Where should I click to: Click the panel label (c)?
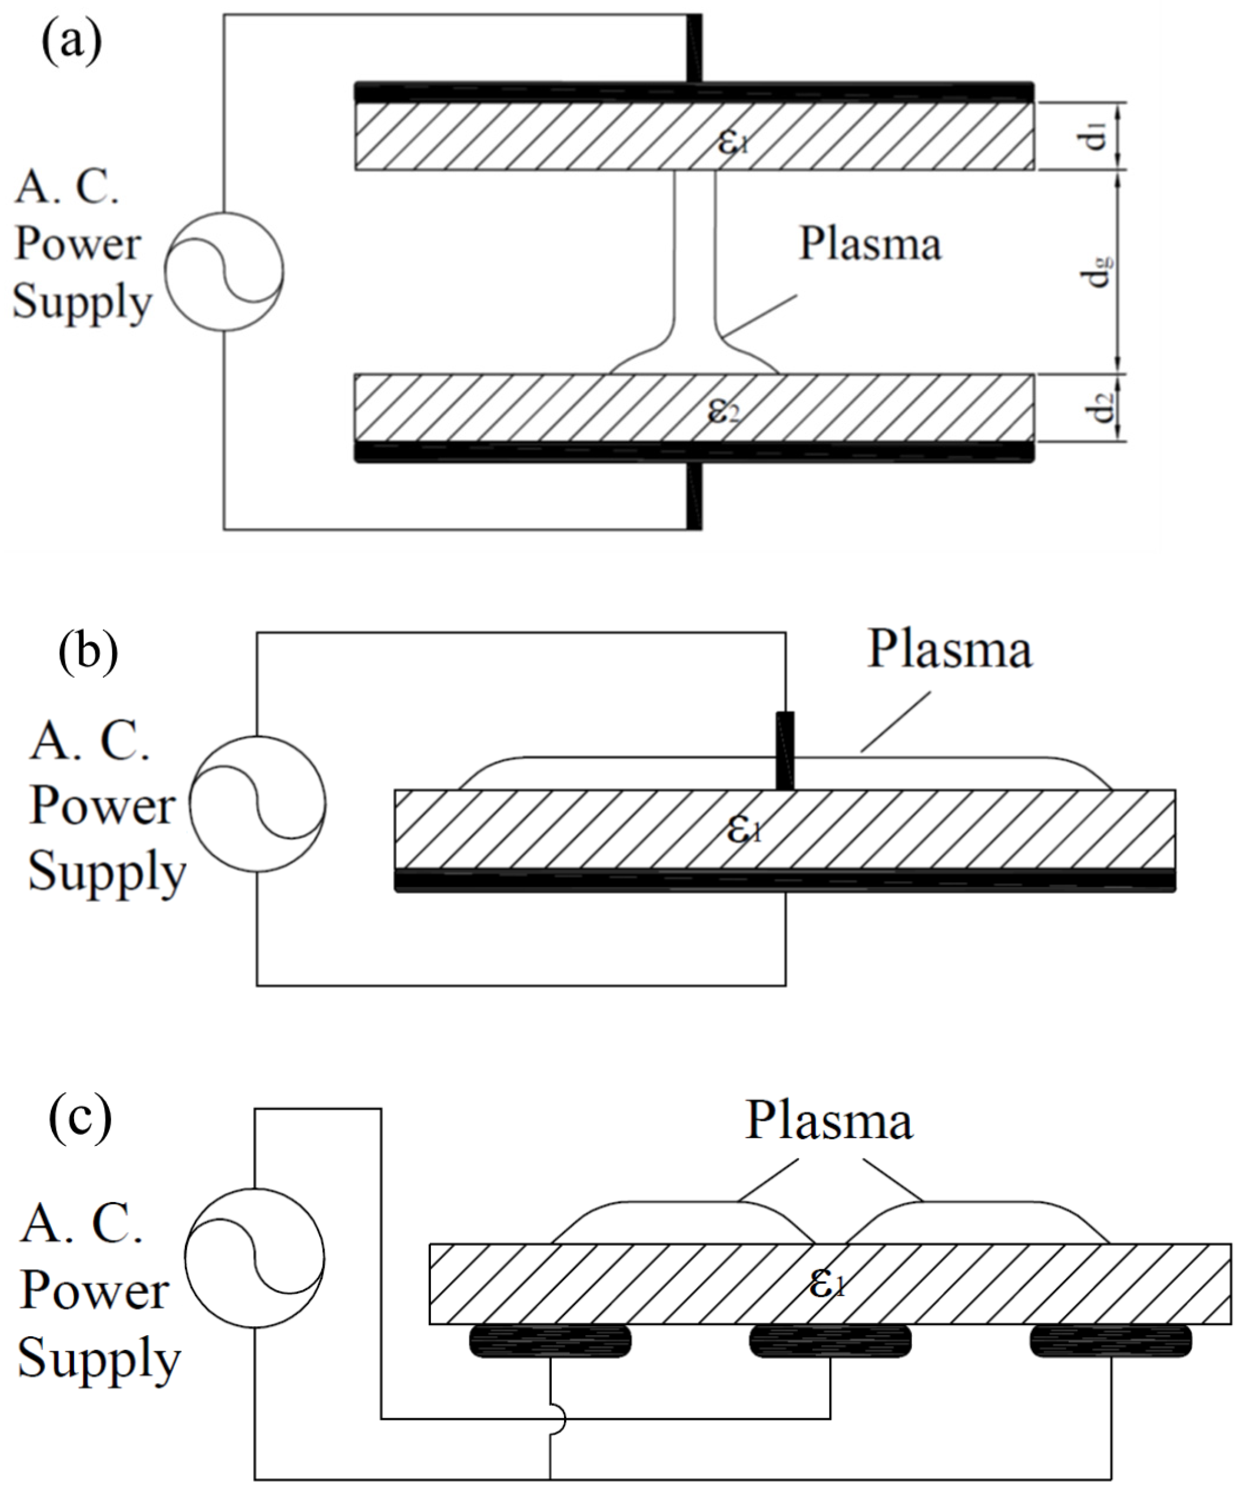pyautogui.click(x=79, y=1118)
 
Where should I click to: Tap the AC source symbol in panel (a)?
pyautogui.click(x=224, y=271)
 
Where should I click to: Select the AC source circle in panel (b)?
pyautogui.click(x=257, y=804)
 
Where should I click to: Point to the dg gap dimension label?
pyautogui.click(x=1099, y=271)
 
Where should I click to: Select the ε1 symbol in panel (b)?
pyautogui.click(x=743, y=829)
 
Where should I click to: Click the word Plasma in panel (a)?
pyautogui.click(x=870, y=244)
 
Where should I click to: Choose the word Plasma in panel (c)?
pyautogui.click(x=828, y=1121)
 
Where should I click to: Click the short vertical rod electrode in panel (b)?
pyautogui.click(x=784, y=750)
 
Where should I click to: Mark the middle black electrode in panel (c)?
pyautogui.click(x=830, y=1341)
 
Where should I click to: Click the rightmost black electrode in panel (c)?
pyautogui.click(x=1110, y=1341)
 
